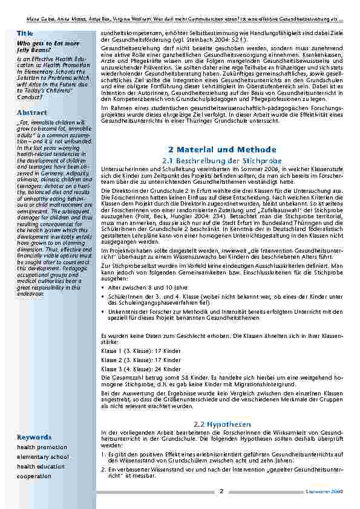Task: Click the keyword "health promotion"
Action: coord(42,447)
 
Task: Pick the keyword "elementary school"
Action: coord(43,457)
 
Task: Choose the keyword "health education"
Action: coord(41,467)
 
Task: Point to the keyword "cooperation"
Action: coord(34,476)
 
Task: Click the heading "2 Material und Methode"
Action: coord(221,149)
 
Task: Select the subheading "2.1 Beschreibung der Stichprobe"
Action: coord(222,160)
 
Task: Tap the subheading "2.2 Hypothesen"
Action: coord(221,424)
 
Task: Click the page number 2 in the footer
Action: coord(221,491)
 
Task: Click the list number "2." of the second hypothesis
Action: coord(103,469)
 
